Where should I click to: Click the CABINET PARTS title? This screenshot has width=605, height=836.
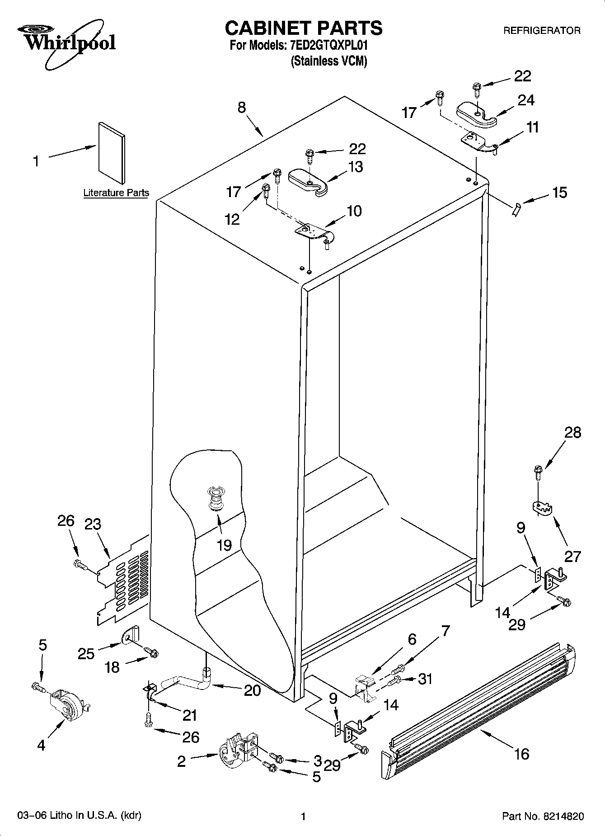coord(304,28)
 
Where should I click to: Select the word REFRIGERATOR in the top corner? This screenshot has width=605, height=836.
coord(542,31)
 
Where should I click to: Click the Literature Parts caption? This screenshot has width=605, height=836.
coord(116,193)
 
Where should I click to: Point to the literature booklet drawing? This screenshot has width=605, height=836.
coord(112,154)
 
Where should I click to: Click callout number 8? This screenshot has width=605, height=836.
coord(242,108)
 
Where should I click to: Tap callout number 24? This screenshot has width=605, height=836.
coord(525,100)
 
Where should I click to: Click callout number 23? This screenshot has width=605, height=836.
coord(93,524)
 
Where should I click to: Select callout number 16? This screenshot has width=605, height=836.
coord(521,754)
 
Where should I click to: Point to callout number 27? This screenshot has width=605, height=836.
coord(572,556)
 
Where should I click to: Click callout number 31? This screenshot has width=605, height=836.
coord(425,679)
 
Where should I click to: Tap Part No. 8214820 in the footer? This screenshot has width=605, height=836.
coord(543,816)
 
